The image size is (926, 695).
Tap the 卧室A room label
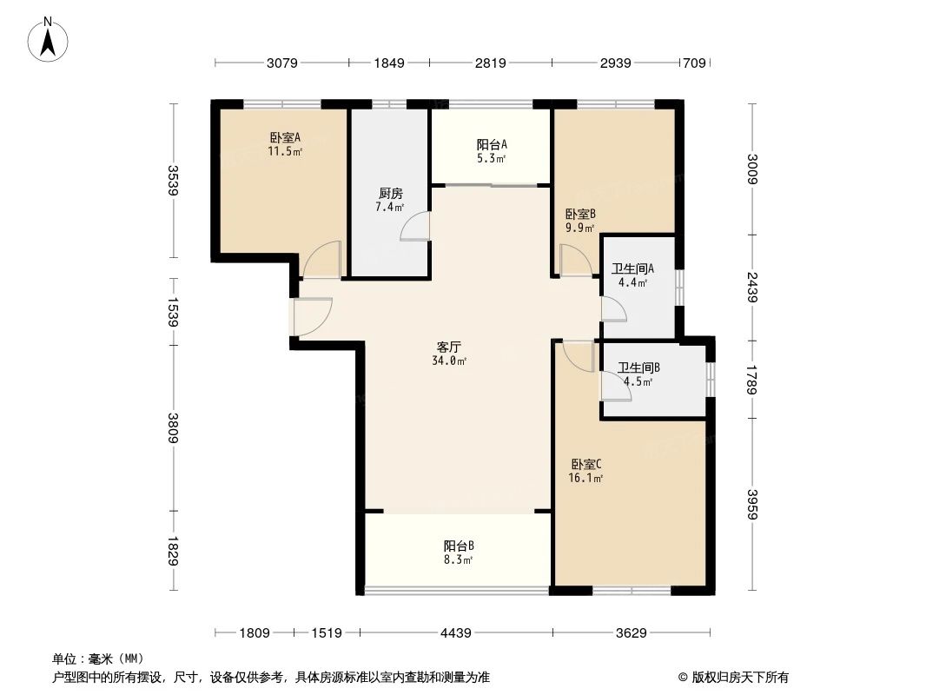[284, 137]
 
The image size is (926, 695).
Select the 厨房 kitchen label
[389, 194]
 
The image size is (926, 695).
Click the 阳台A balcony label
[492, 145]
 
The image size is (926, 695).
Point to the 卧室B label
[579, 215]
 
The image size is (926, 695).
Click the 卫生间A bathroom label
[632, 269]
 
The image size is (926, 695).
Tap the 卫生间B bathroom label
[639, 368]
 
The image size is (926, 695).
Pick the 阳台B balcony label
[458, 546]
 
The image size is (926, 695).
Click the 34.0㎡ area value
[449, 361]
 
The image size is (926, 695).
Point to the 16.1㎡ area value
[587, 478]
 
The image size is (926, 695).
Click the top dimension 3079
[282, 63]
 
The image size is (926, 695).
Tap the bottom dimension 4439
[455, 633]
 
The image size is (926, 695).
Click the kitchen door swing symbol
[414, 226]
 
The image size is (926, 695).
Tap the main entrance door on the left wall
[311, 316]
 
